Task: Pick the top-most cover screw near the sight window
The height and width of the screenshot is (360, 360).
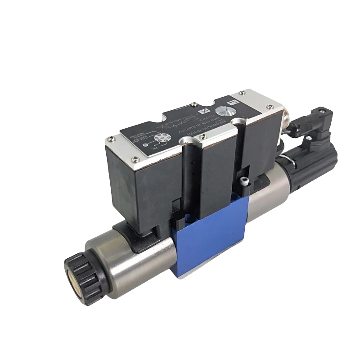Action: point(242,93)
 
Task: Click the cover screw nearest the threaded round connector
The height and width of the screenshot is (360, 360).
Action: point(270,107)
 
